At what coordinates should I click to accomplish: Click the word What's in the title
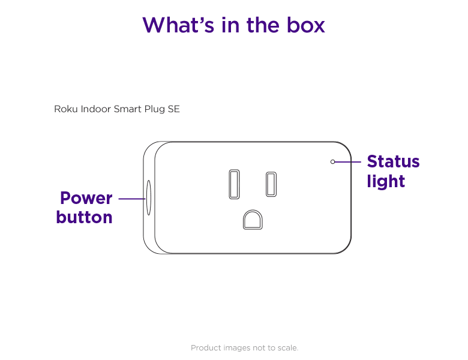(178, 25)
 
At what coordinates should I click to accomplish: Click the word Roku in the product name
(66, 109)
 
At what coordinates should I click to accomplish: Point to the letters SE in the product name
(174, 109)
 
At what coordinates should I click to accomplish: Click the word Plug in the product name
(155, 109)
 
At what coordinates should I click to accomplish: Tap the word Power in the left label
(86, 198)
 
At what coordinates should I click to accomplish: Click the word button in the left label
(84, 217)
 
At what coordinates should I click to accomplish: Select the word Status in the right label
(394, 161)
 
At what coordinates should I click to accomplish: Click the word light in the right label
(386, 181)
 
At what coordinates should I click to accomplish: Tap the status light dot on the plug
(333, 162)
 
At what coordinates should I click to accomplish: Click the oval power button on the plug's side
(149, 197)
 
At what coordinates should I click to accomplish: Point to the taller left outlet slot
(234, 184)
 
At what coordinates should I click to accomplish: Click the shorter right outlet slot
(271, 184)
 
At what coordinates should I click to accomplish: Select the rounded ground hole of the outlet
(253, 220)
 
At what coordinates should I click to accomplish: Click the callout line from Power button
(132, 199)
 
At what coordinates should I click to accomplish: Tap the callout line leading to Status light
(348, 162)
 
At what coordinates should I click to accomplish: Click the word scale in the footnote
(288, 348)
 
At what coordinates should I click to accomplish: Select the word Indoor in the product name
(96, 109)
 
